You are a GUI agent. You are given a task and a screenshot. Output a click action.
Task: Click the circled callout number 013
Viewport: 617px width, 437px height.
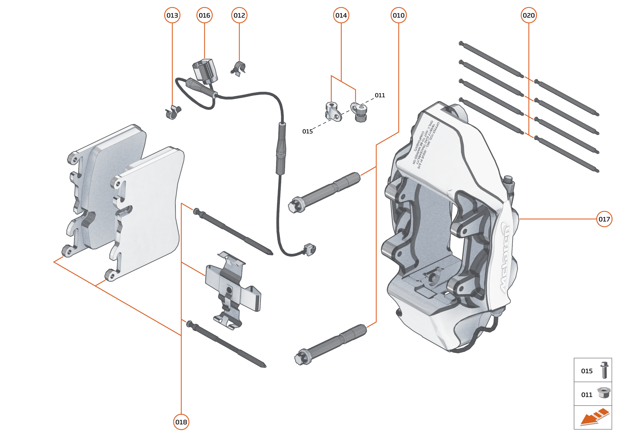172,15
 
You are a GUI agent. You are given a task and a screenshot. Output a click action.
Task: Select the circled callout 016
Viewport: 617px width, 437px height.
204,15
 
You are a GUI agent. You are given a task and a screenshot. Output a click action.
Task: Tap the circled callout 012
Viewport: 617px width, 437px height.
239,15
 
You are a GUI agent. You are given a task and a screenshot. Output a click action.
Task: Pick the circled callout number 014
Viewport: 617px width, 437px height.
341,15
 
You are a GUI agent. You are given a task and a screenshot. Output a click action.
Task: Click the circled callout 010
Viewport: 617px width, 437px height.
398,15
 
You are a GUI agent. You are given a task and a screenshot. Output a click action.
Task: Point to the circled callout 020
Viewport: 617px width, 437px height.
529,15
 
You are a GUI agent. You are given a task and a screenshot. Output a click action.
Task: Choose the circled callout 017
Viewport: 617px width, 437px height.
604,219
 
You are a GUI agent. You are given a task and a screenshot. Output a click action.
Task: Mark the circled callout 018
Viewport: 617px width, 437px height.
181,422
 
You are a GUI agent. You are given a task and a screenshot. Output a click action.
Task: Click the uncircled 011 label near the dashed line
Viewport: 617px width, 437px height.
380,95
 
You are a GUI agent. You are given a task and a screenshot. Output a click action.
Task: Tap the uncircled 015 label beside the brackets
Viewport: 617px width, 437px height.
307,131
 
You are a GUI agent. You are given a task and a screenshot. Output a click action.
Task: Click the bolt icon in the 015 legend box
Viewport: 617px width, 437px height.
604,370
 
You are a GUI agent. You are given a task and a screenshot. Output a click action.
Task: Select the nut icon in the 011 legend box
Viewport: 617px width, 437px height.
604,393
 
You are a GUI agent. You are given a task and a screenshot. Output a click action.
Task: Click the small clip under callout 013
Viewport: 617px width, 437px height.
173,112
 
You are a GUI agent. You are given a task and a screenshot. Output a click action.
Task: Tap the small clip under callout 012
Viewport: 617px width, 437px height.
238,69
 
